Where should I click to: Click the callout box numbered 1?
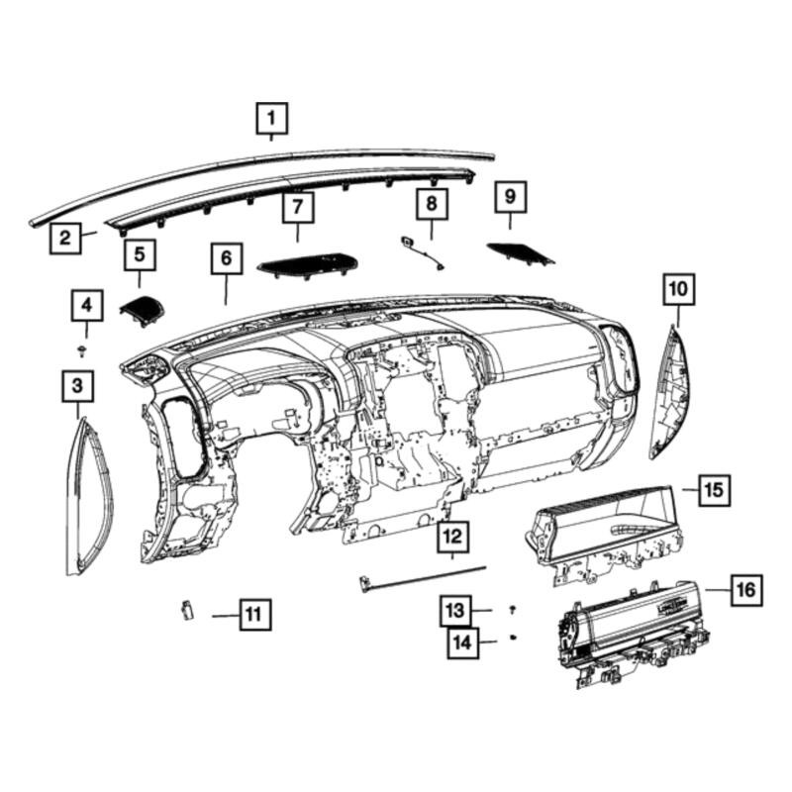click(x=271, y=119)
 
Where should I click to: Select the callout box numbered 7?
click(x=298, y=207)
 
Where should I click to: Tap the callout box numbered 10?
click(x=678, y=289)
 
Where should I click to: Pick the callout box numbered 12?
click(x=452, y=537)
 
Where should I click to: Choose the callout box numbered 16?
click(x=746, y=589)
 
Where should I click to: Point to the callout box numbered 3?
click(x=78, y=386)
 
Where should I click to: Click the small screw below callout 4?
click(x=81, y=350)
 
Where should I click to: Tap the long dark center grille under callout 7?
click(x=307, y=264)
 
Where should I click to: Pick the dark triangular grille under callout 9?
click(x=521, y=254)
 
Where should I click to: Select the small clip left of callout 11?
click(x=187, y=610)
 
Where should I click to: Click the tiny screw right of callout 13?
click(x=513, y=609)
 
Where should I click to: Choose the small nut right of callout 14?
click(x=513, y=638)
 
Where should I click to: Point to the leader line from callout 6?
click(x=226, y=289)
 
